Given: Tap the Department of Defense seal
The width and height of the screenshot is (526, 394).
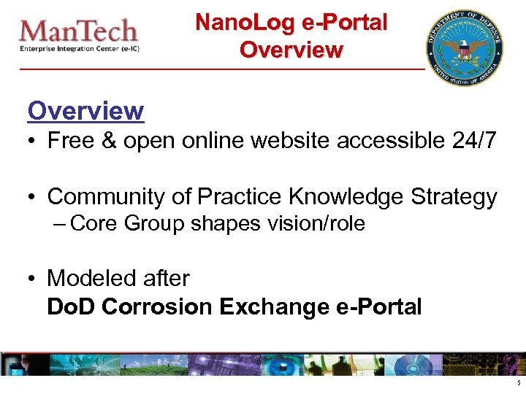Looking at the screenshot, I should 465,47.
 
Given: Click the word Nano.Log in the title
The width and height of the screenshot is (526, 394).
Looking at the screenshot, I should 237,23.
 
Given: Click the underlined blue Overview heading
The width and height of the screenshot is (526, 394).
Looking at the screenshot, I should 85,111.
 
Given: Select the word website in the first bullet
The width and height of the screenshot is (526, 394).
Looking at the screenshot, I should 286,141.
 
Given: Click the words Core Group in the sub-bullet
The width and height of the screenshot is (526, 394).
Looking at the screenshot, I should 128,224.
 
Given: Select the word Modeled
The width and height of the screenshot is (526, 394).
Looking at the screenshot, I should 86,278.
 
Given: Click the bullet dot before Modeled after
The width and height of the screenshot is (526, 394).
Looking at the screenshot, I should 33,279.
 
